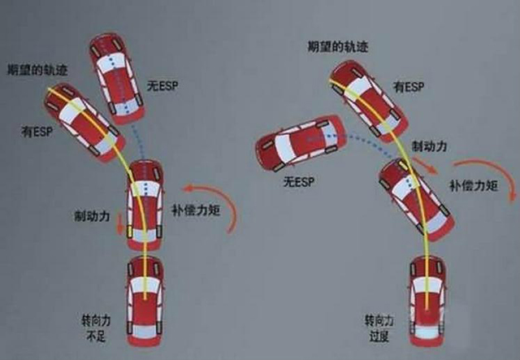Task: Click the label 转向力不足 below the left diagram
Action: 96,328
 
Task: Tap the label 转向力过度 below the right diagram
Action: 379,329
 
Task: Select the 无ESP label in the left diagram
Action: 162,86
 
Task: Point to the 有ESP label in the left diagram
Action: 37,132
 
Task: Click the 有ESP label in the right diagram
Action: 409,87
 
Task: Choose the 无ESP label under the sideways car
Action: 299,181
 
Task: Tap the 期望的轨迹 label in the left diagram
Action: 37,70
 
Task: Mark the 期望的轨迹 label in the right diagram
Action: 338,46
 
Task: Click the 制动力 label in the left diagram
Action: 92,216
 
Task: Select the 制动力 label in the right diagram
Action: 430,146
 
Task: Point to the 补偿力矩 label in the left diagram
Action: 196,210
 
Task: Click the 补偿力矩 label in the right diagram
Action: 474,185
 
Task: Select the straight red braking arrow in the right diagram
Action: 426,165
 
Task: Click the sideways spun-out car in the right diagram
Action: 301,143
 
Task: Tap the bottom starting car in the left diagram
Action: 145,301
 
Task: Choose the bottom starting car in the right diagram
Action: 428,301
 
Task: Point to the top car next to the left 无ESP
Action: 117,78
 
